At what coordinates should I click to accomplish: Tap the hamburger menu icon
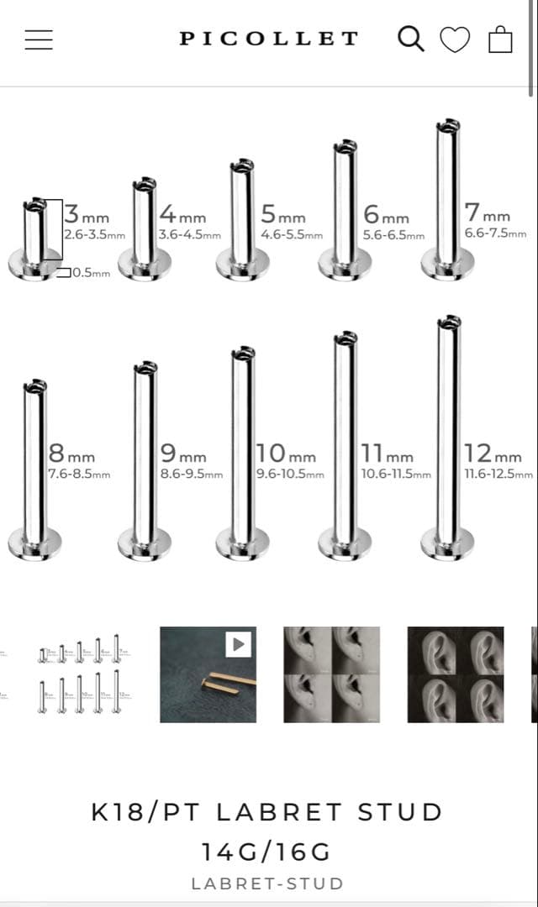click(x=39, y=39)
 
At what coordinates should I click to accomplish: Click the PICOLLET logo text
click(x=269, y=39)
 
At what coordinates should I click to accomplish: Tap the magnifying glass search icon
click(x=410, y=39)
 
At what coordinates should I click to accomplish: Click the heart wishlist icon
click(x=455, y=40)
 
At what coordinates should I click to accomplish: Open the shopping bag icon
click(x=500, y=39)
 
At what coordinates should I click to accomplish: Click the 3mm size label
click(x=87, y=214)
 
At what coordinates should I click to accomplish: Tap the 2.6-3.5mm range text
click(x=94, y=235)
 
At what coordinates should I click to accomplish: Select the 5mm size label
click(x=283, y=214)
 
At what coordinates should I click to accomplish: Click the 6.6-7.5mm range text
click(x=496, y=233)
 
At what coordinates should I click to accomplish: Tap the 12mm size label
click(x=493, y=453)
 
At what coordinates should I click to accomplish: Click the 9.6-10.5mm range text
click(x=290, y=474)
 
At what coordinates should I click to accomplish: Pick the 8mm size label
click(x=71, y=453)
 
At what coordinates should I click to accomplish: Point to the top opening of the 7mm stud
click(x=448, y=125)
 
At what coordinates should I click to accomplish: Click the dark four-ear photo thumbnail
click(x=456, y=674)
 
